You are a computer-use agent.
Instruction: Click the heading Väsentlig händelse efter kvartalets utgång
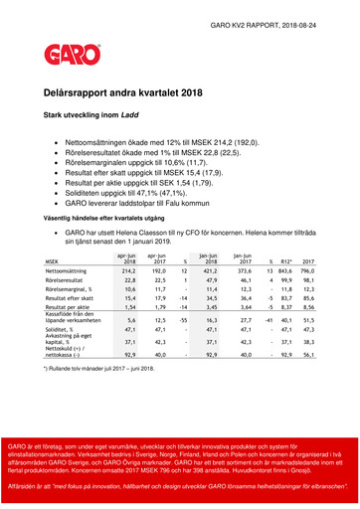pyautogui.click(x=108, y=216)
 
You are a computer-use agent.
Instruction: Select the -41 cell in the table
pyautogui.click(x=269, y=322)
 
